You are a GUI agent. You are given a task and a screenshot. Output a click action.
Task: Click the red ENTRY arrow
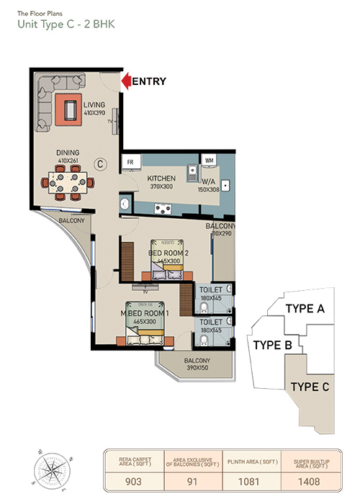(x=125, y=81)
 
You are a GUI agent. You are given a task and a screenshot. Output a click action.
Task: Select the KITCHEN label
(x=162, y=178)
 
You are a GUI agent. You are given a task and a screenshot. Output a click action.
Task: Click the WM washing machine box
(x=210, y=160)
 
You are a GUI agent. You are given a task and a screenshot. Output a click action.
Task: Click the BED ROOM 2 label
(x=168, y=253)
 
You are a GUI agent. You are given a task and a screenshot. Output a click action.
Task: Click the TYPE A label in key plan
(x=305, y=308)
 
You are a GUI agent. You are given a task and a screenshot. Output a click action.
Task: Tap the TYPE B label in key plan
(x=272, y=345)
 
